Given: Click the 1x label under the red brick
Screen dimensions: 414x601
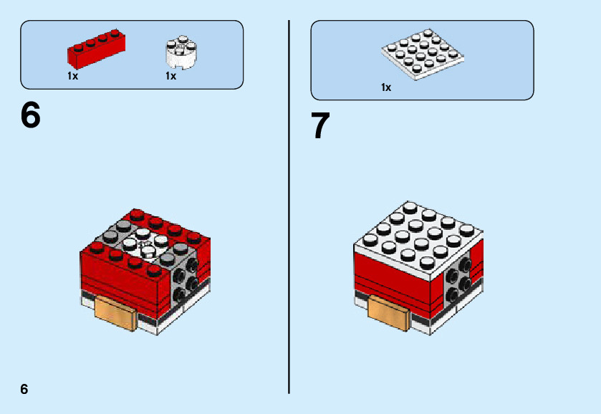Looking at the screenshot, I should pos(72,76).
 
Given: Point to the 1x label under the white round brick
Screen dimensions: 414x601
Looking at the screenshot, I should pos(170,76).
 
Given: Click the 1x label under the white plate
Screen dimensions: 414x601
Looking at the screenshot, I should pos(386,87).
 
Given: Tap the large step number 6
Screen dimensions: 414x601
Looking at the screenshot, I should pos(31,115).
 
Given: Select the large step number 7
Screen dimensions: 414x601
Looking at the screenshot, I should pos(320,126).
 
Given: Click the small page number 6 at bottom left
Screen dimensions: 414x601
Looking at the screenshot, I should pos(24,389).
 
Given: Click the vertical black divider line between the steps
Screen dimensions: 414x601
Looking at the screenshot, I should pos(289,215).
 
